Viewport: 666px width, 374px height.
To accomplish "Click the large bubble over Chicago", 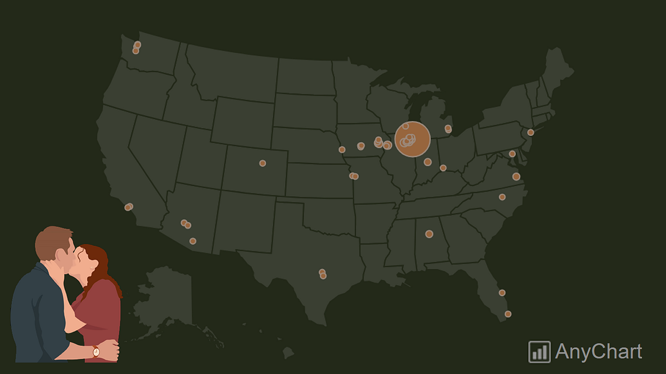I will point(412,139).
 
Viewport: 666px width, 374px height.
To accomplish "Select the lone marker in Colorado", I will point(263,163).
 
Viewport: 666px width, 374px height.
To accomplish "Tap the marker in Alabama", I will point(429,234).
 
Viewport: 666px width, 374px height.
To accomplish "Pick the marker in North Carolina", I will point(502,197).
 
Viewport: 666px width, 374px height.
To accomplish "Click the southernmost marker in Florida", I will point(508,314).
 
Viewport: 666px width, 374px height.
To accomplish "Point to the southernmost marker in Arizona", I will point(193,241).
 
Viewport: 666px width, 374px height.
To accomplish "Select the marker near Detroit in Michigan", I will point(448,129).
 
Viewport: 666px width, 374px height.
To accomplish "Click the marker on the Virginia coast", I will point(516,176).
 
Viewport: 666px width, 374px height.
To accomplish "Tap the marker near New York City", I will point(531,132).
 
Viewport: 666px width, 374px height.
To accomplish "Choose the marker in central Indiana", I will point(427,162).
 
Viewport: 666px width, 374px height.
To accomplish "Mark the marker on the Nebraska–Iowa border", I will point(342,149).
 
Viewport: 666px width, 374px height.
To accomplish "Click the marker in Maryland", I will point(512,154).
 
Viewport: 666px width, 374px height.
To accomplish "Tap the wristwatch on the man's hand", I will point(96,351).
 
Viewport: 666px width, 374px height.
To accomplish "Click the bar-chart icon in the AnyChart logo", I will point(539,352).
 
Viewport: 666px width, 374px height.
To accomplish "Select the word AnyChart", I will point(598,352).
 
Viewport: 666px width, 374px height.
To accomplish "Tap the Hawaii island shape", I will point(287,352).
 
